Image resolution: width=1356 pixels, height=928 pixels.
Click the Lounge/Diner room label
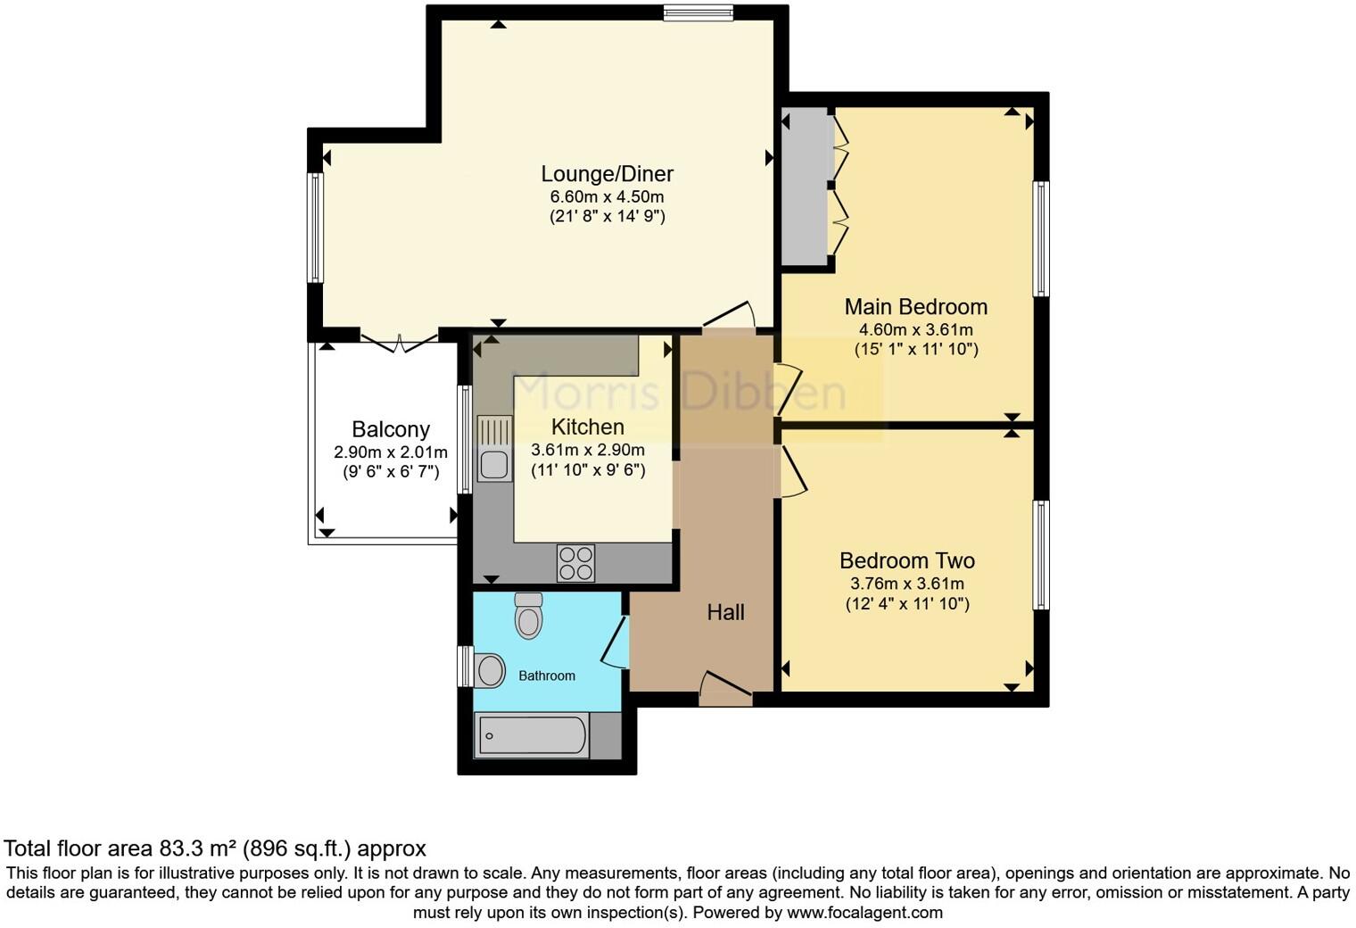coord(607,174)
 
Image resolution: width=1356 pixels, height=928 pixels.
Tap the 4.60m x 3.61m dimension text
coord(916,329)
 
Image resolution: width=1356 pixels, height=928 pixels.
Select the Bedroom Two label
coord(907,560)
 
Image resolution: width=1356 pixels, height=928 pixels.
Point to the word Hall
coord(725,612)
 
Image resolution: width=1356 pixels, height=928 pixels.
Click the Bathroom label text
coord(547,676)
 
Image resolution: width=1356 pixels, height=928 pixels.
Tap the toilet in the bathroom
coord(529,615)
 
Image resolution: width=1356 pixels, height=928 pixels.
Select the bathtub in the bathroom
coord(533,736)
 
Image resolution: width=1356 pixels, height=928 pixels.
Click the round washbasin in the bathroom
coord(489,670)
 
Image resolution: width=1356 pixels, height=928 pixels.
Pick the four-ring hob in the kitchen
coord(575,563)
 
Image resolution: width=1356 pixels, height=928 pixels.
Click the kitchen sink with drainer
coord(493,449)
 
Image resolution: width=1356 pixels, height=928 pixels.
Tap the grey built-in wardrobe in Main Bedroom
coord(805,186)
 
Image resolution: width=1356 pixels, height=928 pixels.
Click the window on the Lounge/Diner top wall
coord(698,12)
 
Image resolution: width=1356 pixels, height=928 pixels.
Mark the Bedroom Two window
coord(1040,555)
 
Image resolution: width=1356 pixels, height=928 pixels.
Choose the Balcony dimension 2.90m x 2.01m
coord(391,452)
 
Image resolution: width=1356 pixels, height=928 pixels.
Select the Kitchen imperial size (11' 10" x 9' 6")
coord(588,470)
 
